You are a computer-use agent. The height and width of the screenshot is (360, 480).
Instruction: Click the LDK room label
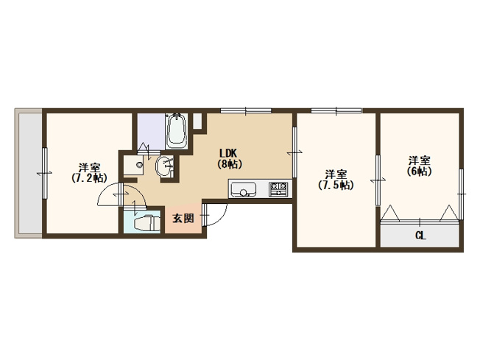tap(228, 152)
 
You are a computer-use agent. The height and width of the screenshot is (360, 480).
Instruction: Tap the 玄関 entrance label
tap(183, 218)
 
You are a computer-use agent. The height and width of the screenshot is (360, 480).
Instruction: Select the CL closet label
tap(420, 236)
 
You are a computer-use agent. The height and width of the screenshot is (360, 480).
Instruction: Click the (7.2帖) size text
tap(89, 178)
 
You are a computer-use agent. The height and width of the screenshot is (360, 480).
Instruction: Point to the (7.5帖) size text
tap(336, 186)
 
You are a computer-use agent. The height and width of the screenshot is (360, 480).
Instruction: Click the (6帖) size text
tap(420, 171)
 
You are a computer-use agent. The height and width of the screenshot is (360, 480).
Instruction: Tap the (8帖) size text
tap(230, 164)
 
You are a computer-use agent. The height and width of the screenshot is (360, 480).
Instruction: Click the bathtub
tap(176, 131)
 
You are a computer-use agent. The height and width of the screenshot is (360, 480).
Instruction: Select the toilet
tap(147, 222)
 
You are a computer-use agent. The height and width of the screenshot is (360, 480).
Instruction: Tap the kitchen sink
tap(244, 189)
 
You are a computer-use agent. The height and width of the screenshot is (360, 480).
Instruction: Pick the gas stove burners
tap(278, 189)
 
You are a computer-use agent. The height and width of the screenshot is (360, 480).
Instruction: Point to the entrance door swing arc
tap(221, 218)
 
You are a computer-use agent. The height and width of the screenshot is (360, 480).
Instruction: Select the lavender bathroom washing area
tap(151, 132)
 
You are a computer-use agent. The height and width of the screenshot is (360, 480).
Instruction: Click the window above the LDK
tap(246, 110)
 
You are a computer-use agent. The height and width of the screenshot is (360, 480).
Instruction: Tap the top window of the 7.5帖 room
tap(336, 110)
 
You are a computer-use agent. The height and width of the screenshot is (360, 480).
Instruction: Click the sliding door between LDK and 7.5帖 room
tap(294, 152)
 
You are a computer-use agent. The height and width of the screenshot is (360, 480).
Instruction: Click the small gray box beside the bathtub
tap(198, 121)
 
